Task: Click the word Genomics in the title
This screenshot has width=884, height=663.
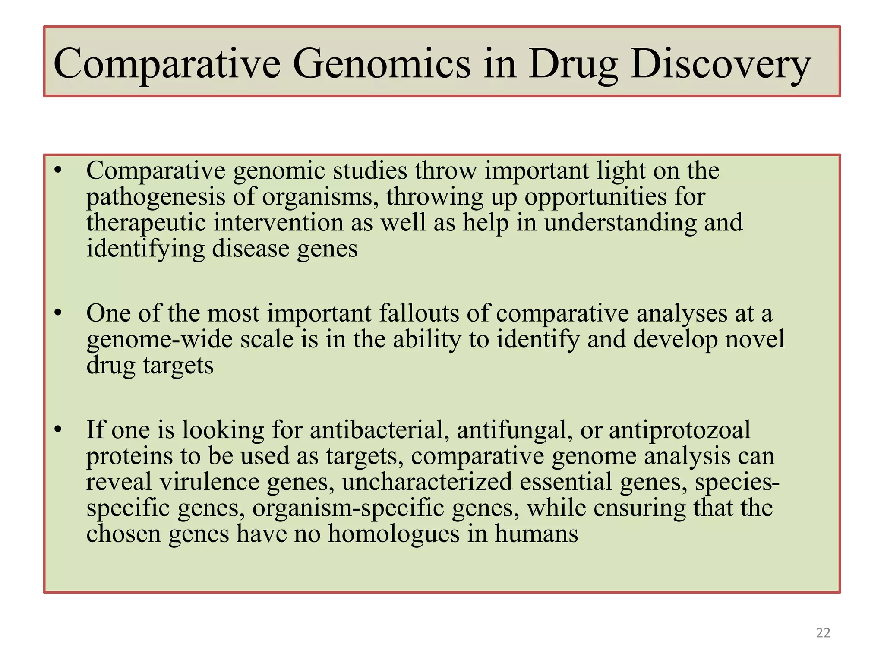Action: (382, 64)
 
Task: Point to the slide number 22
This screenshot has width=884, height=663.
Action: (823, 633)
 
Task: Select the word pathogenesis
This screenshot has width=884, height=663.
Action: (156, 197)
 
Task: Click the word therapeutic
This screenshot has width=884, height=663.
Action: (146, 223)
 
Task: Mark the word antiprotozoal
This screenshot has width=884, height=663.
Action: (679, 430)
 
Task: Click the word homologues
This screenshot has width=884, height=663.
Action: (394, 534)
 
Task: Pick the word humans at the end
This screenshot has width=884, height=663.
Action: (536, 534)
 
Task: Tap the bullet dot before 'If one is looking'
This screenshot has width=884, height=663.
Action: (58, 429)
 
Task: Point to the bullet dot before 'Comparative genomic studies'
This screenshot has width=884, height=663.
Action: (58, 170)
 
